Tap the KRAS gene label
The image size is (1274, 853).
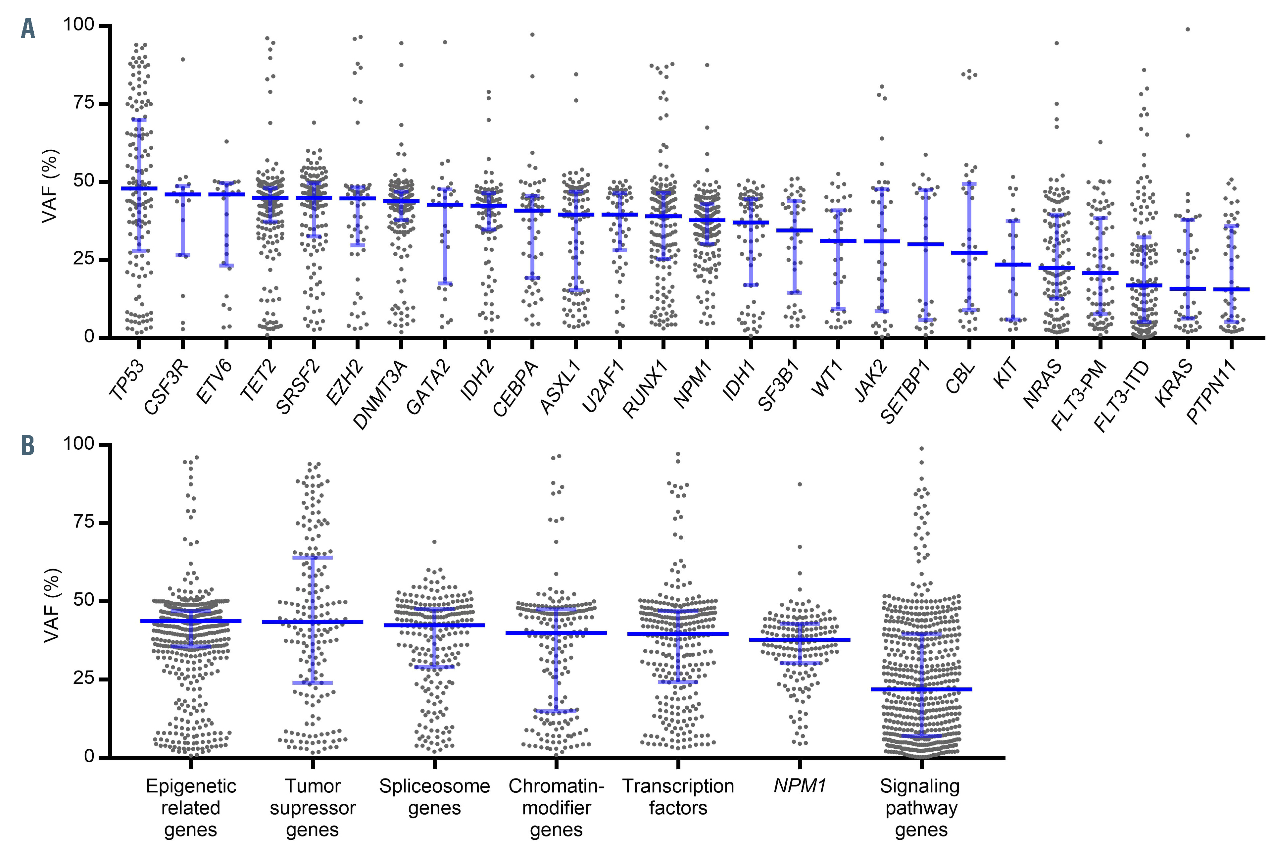pyautogui.click(x=1174, y=383)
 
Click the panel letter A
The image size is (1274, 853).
pyautogui.click(x=28, y=28)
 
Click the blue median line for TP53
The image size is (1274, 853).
pyautogui.click(x=139, y=188)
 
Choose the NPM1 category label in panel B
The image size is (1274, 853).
pyautogui.click(x=800, y=786)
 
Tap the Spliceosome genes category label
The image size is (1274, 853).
pyautogui.click(x=434, y=797)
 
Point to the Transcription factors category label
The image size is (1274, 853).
pyautogui.click(x=678, y=797)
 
